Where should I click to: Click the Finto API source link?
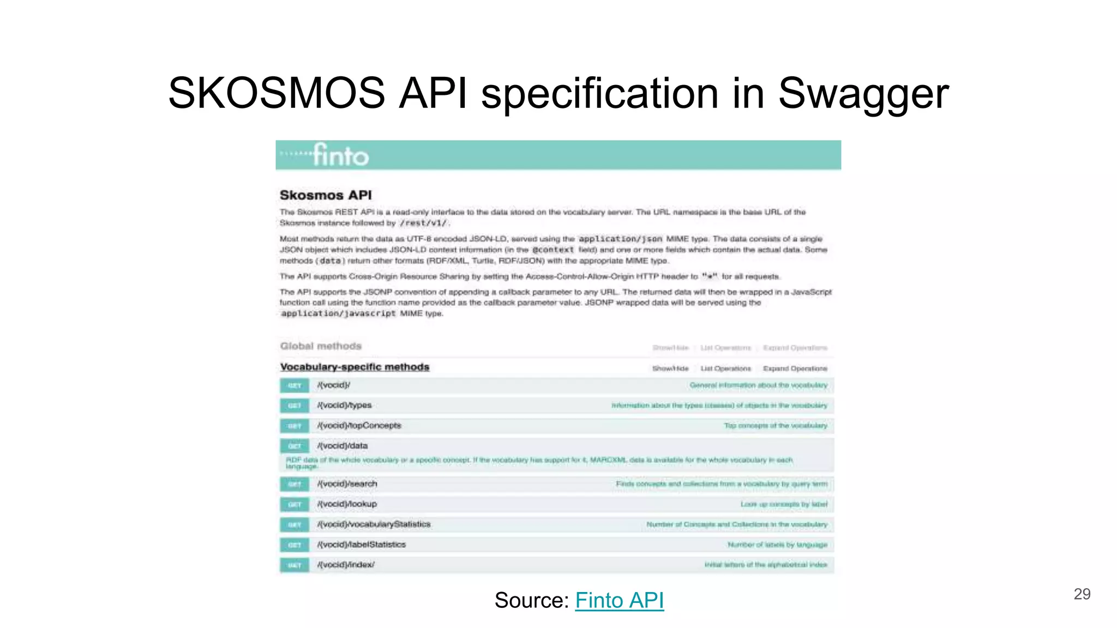619,600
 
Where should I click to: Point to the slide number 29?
1082,594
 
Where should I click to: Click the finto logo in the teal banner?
340,155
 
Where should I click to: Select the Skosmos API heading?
326,195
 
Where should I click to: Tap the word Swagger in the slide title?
863,93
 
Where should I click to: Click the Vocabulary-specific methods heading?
355,367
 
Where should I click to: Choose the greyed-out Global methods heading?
321,346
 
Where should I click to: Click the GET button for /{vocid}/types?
295,406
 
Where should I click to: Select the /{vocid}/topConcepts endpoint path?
359,425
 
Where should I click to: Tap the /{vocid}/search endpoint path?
347,484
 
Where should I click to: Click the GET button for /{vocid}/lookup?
295,504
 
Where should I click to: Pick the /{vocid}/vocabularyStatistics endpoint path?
374,524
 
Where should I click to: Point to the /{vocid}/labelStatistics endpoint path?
361,544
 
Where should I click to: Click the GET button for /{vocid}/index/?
295,565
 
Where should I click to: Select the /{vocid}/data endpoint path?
343,445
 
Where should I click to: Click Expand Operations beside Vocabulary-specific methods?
795,369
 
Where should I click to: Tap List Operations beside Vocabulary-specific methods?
725,369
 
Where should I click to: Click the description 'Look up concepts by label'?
784,504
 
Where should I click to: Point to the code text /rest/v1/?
423,223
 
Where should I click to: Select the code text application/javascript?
338,313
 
